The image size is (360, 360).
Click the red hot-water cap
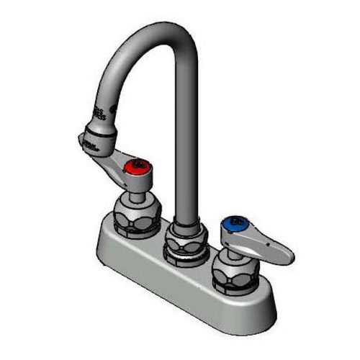135,168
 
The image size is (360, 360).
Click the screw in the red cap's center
135,167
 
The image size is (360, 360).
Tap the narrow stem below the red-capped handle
136,189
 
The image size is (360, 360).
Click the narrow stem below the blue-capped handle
232,248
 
